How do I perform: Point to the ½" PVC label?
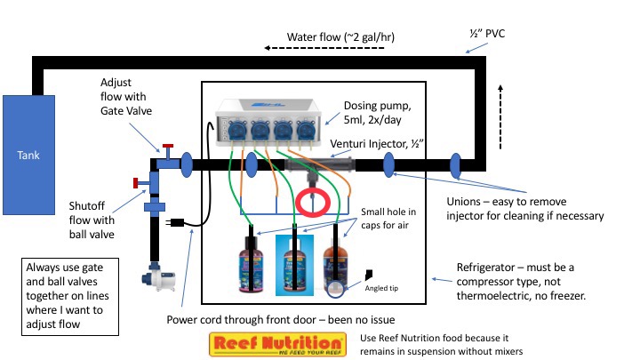(486, 34)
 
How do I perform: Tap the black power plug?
(177, 222)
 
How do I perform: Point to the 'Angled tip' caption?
(383, 286)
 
